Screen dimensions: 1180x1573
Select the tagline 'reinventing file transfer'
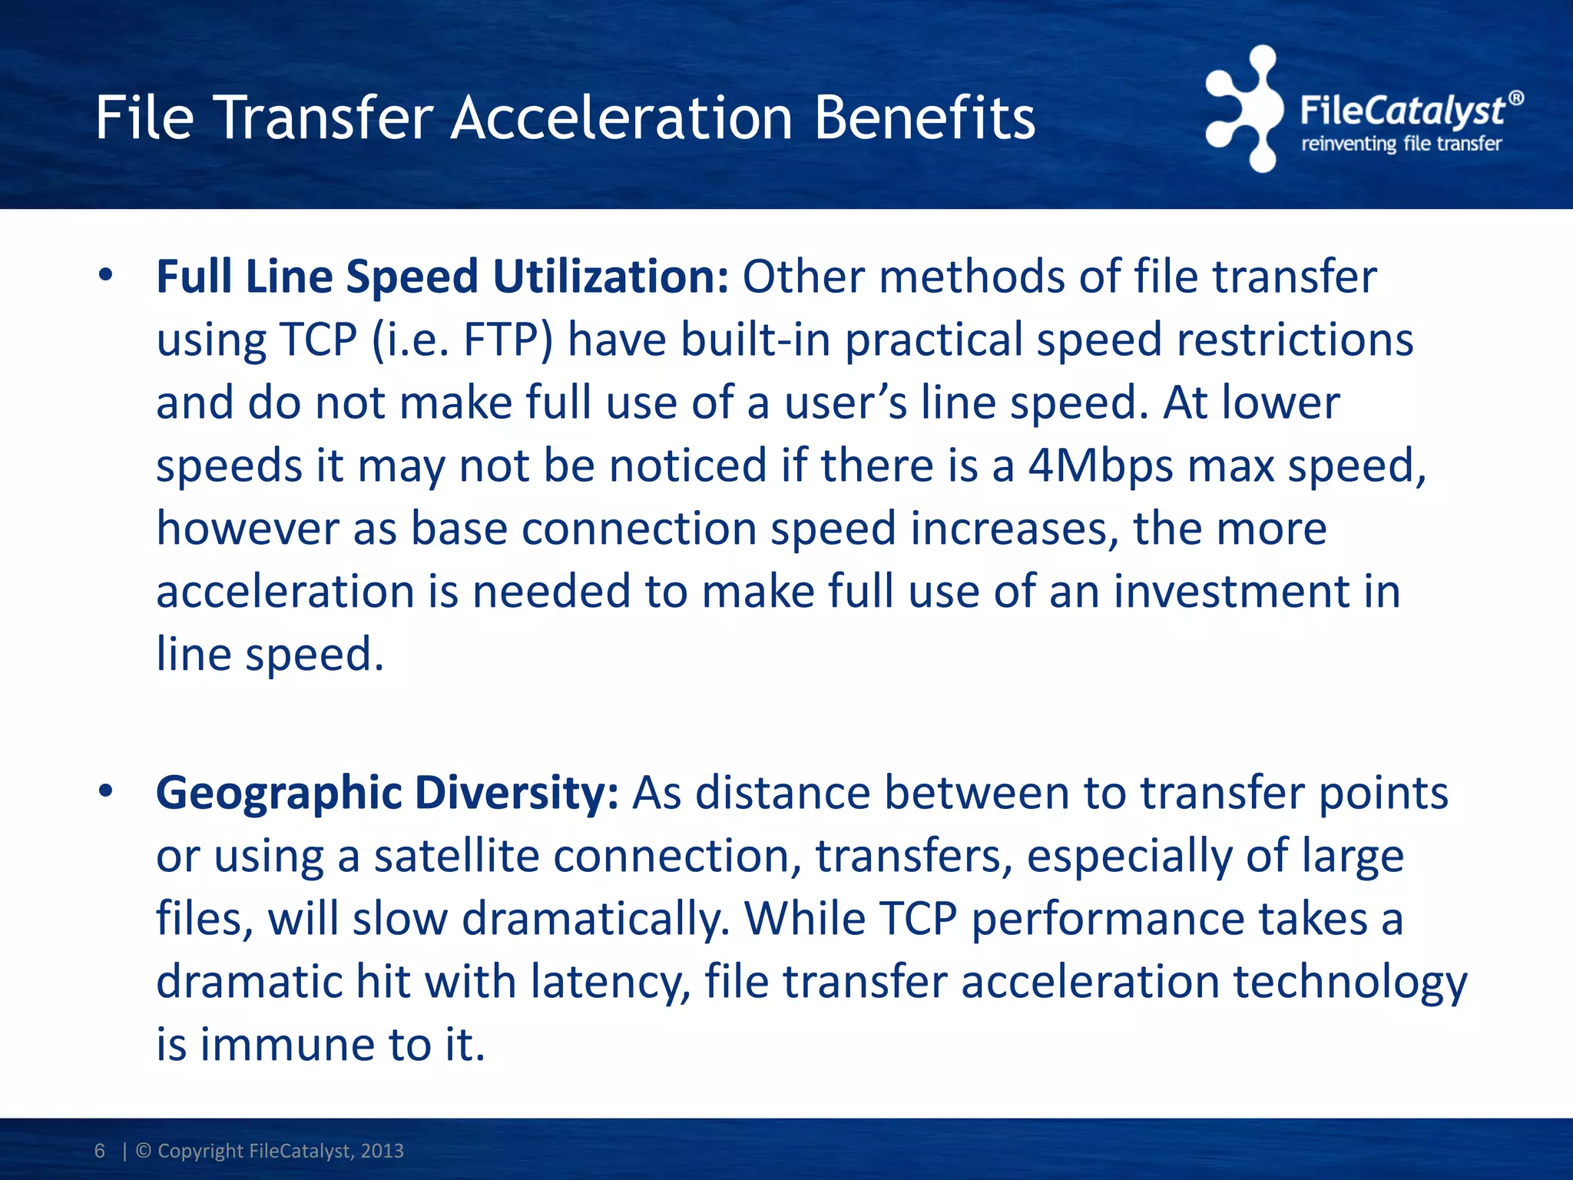[1401, 144]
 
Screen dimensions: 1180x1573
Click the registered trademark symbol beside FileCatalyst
[1515, 98]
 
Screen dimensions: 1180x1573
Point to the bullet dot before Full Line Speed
[105, 275]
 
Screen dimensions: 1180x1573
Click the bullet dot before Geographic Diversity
[105, 791]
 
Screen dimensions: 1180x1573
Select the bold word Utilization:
[610, 277]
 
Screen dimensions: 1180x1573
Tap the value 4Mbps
[1101, 466]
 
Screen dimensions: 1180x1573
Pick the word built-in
[755, 340]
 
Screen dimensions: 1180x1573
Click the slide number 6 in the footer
[100, 1150]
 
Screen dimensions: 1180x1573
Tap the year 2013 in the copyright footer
[382, 1150]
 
